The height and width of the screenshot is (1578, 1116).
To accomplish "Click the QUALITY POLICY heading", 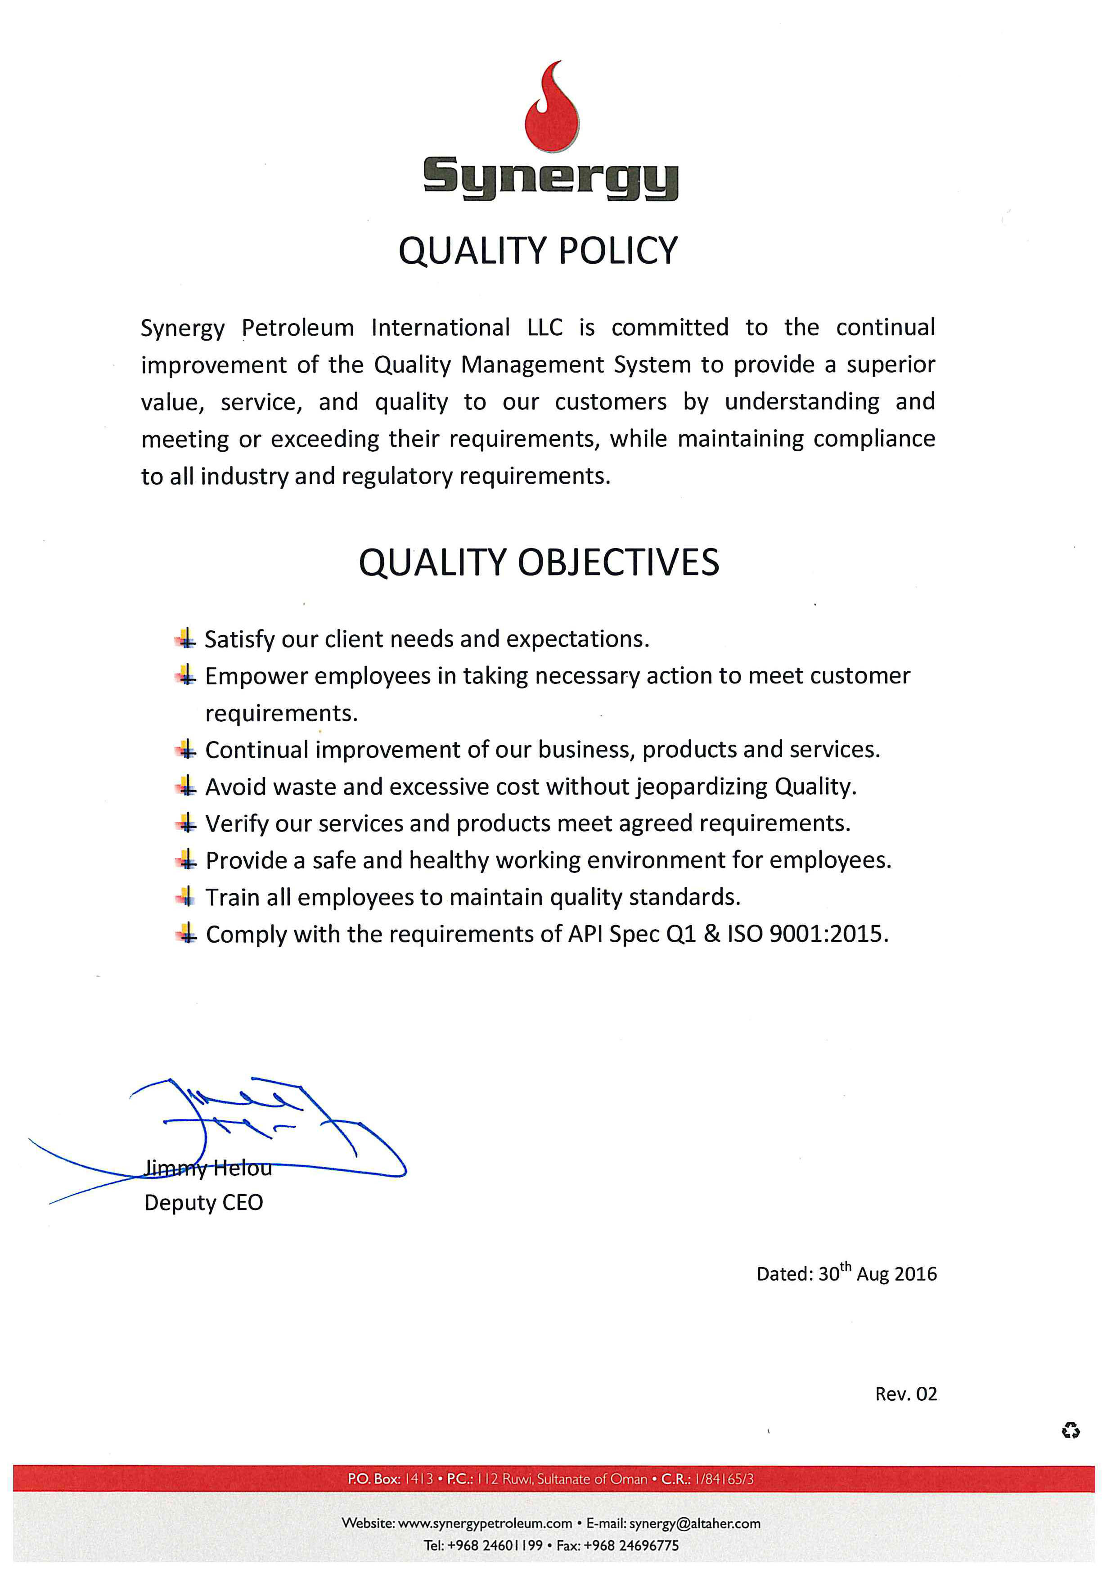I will tap(538, 251).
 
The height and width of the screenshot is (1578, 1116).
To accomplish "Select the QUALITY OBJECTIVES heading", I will tap(539, 562).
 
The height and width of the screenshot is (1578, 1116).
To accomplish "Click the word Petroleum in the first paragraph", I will tap(297, 328).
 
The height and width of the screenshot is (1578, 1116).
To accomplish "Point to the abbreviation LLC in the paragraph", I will tap(544, 328).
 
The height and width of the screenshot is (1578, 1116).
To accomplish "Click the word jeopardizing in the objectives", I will tap(701, 786).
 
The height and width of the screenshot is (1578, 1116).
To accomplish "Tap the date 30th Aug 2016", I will tap(877, 1273).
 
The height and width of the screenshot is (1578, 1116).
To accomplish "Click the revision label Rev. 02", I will tap(906, 1394).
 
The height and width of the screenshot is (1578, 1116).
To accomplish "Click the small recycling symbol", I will tap(1070, 1431).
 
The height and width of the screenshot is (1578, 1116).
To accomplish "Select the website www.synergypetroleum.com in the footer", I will tap(485, 1523).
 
